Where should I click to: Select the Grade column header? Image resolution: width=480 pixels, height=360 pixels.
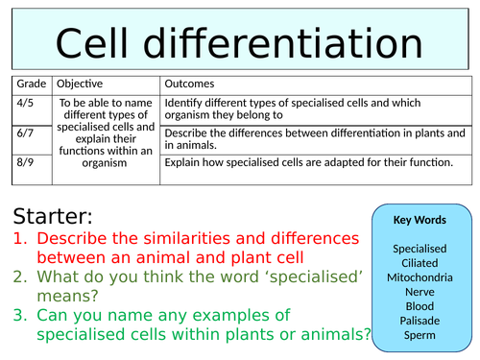pos(31,84)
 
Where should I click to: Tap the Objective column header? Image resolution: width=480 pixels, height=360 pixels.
pos(83,84)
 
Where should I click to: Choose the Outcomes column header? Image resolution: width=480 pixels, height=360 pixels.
pos(190,84)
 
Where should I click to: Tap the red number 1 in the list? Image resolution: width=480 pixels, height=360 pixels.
pos(19,239)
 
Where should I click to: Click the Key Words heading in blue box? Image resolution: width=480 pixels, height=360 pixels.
pos(420,220)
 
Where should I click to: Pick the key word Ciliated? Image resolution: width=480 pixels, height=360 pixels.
pos(420,263)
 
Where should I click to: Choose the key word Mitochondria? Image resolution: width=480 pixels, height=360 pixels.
pos(420,278)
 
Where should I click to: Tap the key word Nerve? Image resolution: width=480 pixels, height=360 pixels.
pos(420,293)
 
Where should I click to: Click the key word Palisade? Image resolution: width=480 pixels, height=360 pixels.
pos(420,322)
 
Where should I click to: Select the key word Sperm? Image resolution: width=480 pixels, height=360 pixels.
pos(420,336)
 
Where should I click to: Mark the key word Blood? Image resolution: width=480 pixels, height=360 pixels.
pos(420,307)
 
